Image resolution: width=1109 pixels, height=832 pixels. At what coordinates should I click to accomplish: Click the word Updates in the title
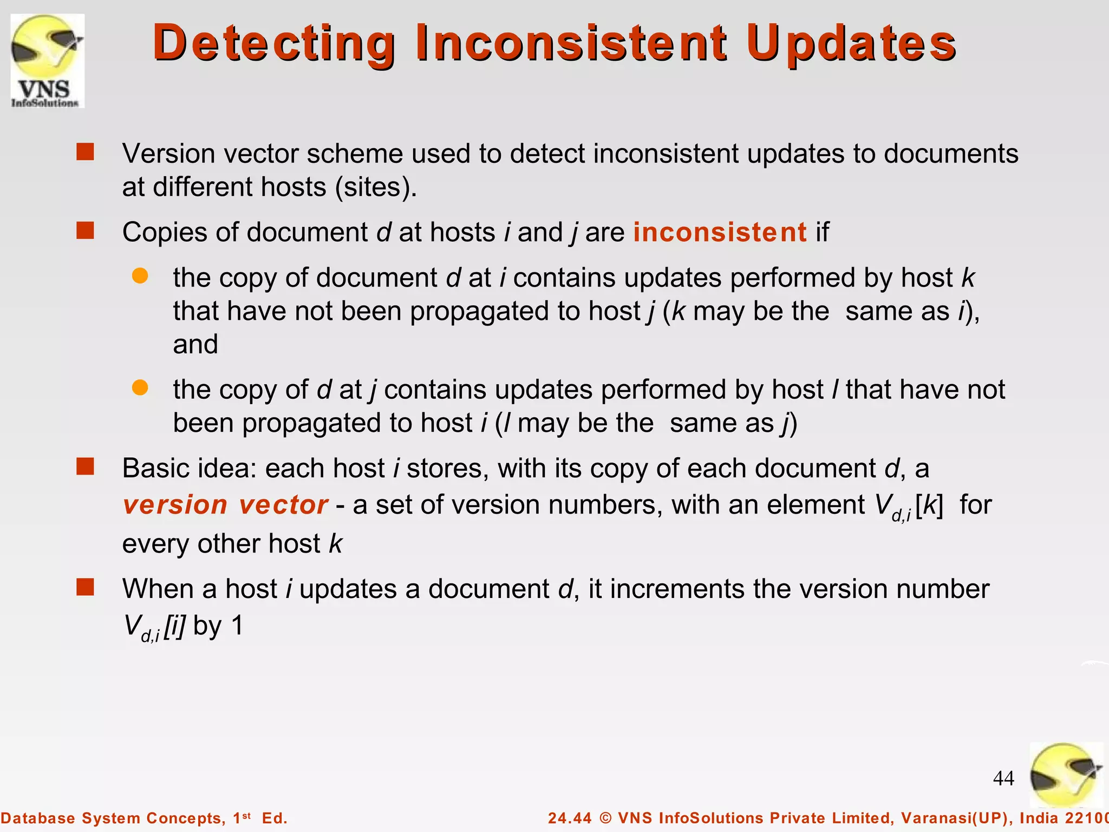(x=851, y=43)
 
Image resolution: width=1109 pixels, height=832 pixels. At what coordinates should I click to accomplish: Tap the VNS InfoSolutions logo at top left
(x=48, y=61)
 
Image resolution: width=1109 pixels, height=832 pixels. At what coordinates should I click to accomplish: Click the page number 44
(x=1003, y=778)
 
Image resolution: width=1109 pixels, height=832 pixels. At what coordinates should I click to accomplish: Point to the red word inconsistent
(x=720, y=232)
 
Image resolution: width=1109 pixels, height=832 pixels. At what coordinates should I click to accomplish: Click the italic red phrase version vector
(x=225, y=505)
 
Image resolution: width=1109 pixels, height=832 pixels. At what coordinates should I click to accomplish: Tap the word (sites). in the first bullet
(x=376, y=187)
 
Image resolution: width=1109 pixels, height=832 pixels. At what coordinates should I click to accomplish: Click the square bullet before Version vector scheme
(x=85, y=152)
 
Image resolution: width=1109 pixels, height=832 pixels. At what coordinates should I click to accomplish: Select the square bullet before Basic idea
(x=85, y=466)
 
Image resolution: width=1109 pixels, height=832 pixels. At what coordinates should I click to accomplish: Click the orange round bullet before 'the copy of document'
(x=140, y=276)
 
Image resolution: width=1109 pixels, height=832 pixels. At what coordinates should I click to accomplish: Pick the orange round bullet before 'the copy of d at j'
(x=140, y=387)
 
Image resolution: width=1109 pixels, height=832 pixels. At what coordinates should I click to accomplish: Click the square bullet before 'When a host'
(x=85, y=587)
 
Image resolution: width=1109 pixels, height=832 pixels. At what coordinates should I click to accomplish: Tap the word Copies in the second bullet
(x=165, y=232)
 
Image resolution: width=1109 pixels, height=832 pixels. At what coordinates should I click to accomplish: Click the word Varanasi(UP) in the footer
(x=955, y=818)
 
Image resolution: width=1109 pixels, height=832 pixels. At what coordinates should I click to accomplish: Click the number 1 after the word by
(x=237, y=626)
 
